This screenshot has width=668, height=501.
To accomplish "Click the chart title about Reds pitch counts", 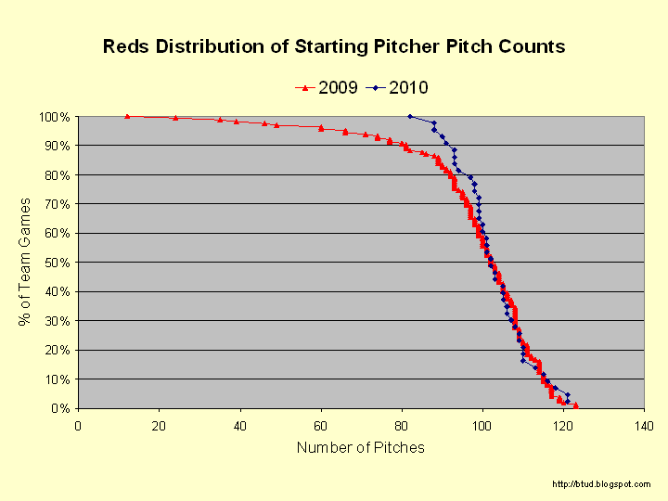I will tap(334, 45).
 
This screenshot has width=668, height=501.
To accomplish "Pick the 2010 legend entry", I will tap(397, 88).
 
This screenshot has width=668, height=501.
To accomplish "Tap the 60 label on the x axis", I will tap(320, 426).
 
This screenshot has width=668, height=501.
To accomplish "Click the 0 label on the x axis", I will tap(78, 426).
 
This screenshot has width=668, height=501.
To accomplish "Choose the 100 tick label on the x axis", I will tap(482, 426).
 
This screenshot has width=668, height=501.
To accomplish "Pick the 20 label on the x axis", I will tap(159, 426).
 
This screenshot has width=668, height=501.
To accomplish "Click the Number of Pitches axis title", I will tap(361, 448).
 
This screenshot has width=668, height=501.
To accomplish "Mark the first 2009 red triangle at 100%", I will tap(127, 116).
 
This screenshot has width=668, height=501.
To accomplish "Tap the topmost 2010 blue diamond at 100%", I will tap(410, 116).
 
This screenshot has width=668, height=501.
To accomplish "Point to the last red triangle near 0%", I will tap(576, 405).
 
